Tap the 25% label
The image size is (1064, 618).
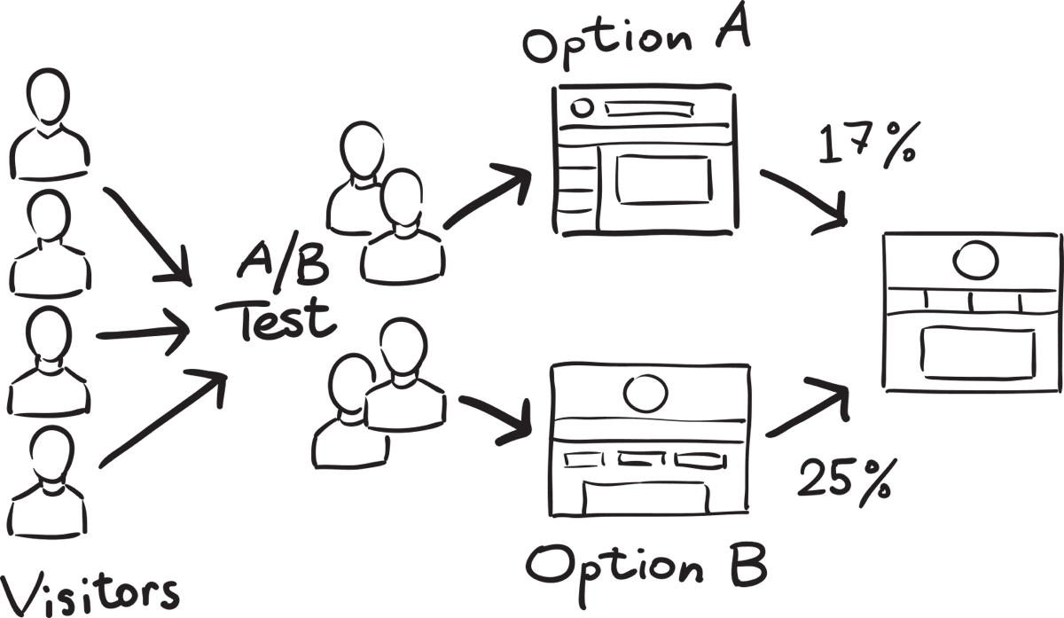coord(845,479)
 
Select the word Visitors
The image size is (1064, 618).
coord(89,591)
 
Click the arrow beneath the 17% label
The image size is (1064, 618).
coord(803,199)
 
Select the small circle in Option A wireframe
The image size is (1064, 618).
coord(583,108)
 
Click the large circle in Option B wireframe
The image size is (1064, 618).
coord(645,390)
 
